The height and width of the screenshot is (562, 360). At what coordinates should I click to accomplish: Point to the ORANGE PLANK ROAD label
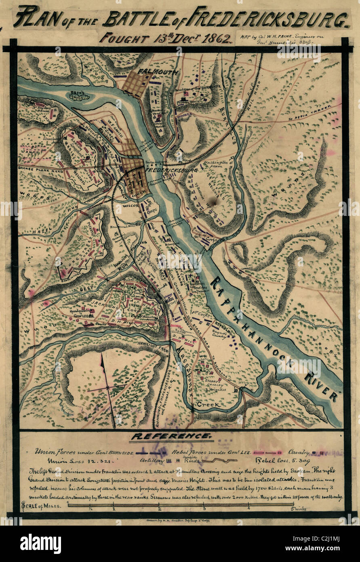[39, 165]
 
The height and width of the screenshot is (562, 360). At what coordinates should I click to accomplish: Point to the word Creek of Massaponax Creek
[208, 404]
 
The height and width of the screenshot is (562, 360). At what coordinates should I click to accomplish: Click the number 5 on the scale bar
[294, 509]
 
